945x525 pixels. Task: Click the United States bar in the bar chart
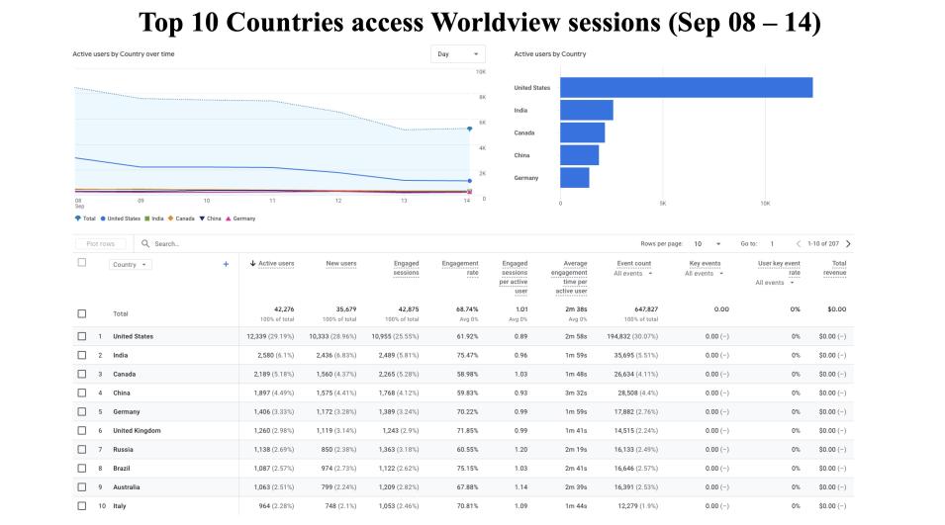click(x=686, y=88)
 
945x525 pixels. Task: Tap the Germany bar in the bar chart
click(x=574, y=178)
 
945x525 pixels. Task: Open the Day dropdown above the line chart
click(x=458, y=54)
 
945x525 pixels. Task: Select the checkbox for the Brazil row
click(x=83, y=468)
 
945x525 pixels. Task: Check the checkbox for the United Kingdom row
click(x=83, y=431)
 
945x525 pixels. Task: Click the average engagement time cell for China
click(x=571, y=393)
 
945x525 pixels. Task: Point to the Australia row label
click(x=127, y=486)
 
